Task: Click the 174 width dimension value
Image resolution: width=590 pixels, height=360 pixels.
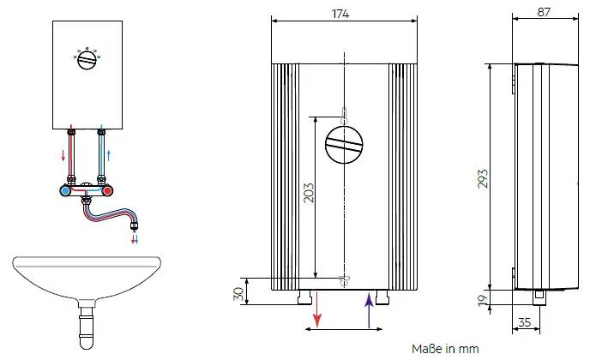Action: pos(340,14)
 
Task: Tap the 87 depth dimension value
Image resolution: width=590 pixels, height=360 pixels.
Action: pos(544,12)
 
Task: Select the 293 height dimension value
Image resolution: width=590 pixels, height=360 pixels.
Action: pos(483,178)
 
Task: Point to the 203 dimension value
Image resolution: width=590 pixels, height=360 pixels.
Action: pos(308,193)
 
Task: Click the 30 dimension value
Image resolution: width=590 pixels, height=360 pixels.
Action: pos(238,293)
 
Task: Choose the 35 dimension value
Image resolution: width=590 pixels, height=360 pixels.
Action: pos(524,322)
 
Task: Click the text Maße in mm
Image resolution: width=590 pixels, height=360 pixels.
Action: pos(445,349)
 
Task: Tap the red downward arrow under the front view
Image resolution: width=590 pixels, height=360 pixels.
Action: pos(317,310)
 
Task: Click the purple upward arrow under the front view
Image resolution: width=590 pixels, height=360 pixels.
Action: pos(369,310)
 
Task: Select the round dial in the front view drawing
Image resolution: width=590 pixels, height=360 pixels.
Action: pos(344,145)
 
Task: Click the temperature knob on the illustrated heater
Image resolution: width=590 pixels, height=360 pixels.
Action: pos(87,60)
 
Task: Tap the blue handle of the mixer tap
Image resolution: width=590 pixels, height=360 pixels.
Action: pos(65,191)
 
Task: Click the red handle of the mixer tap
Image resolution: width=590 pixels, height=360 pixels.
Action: pos(107,191)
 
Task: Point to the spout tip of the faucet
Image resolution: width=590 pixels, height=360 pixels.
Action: pos(135,226)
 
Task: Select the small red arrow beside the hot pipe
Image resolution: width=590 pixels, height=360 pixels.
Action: pos(63,154)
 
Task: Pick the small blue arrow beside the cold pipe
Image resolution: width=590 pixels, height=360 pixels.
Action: pos(109,155)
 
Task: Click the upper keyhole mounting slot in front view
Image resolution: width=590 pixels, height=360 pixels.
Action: pos(344,117)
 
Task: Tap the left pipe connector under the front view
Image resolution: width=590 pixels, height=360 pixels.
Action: pos(304,297)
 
